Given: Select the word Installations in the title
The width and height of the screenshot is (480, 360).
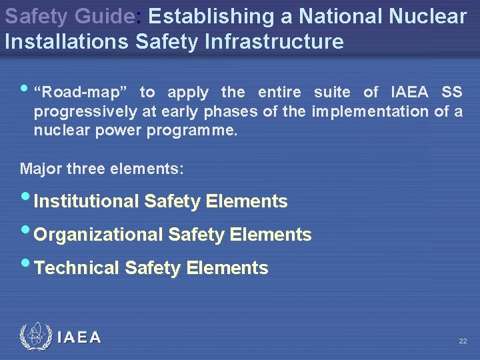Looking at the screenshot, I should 67,41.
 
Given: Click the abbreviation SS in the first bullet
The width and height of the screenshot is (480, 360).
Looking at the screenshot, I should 451,93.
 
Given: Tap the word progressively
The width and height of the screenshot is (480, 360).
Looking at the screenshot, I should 85,111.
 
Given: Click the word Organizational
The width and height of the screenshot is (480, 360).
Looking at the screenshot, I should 98,235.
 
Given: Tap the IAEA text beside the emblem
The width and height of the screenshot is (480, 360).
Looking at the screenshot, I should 79,337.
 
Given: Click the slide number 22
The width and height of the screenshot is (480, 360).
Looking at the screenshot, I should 463,341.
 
